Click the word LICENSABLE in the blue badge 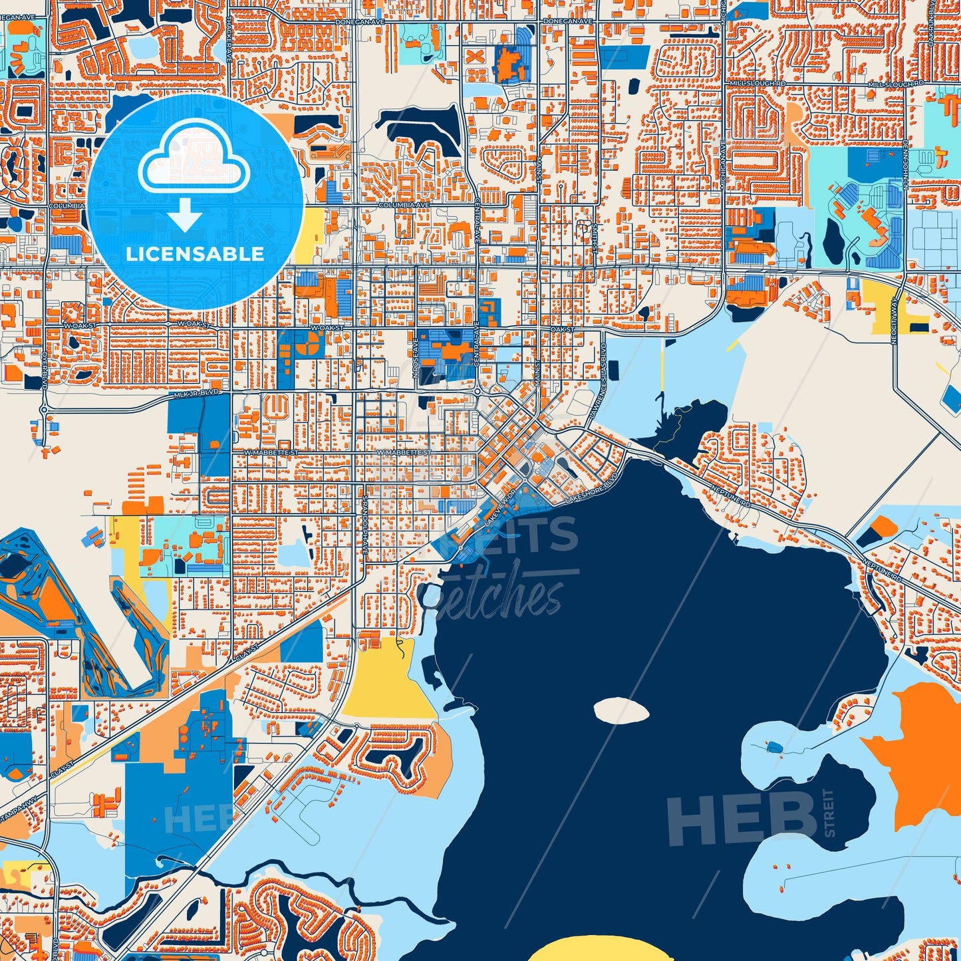[x=195, y=253]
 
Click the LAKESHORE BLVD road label [x=587, y=489]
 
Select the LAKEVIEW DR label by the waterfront [x=500, y=508]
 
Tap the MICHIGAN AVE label [x=722, y=166]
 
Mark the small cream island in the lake [x=621, y=710]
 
